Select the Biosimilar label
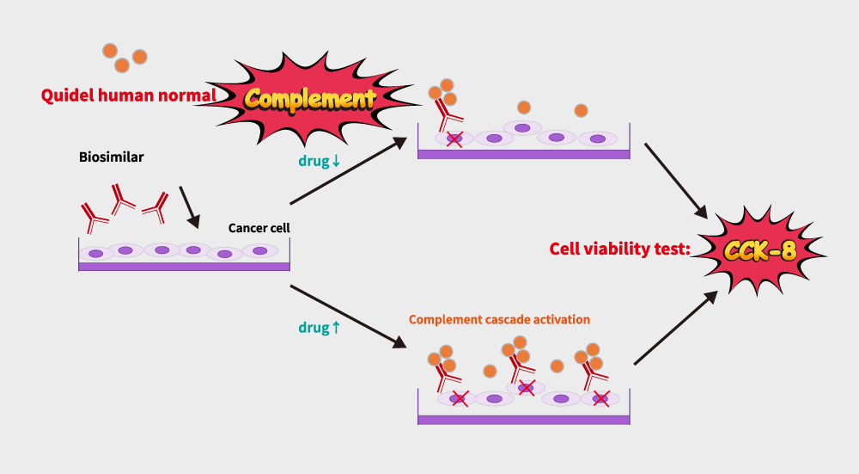click(x=112, y=157)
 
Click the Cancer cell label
click(x=259, y=228)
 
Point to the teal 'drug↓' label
click(x=320, y=161)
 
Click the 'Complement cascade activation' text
click(x=499, y=319)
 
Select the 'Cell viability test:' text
click(x=618, y=249)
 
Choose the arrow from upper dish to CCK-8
click(x=675, y=180)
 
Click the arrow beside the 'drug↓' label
click(x=348, y=171)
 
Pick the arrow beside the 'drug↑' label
click(x=348, y=316)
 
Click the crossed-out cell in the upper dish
click(x=454, y=138)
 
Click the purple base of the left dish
click(x=184, y=267)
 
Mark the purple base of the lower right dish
click(x=524, y=420)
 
